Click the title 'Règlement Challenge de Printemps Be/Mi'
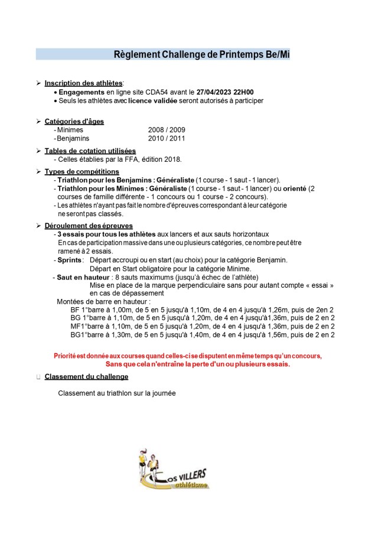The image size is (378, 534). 201,55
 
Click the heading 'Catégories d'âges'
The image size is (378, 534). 74,121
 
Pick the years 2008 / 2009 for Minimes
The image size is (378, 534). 167,130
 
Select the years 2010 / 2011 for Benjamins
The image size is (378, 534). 167,138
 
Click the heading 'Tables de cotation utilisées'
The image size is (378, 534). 90,151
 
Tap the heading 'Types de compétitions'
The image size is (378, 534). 82,171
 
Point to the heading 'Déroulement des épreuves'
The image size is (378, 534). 89,226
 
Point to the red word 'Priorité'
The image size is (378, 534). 67,356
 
